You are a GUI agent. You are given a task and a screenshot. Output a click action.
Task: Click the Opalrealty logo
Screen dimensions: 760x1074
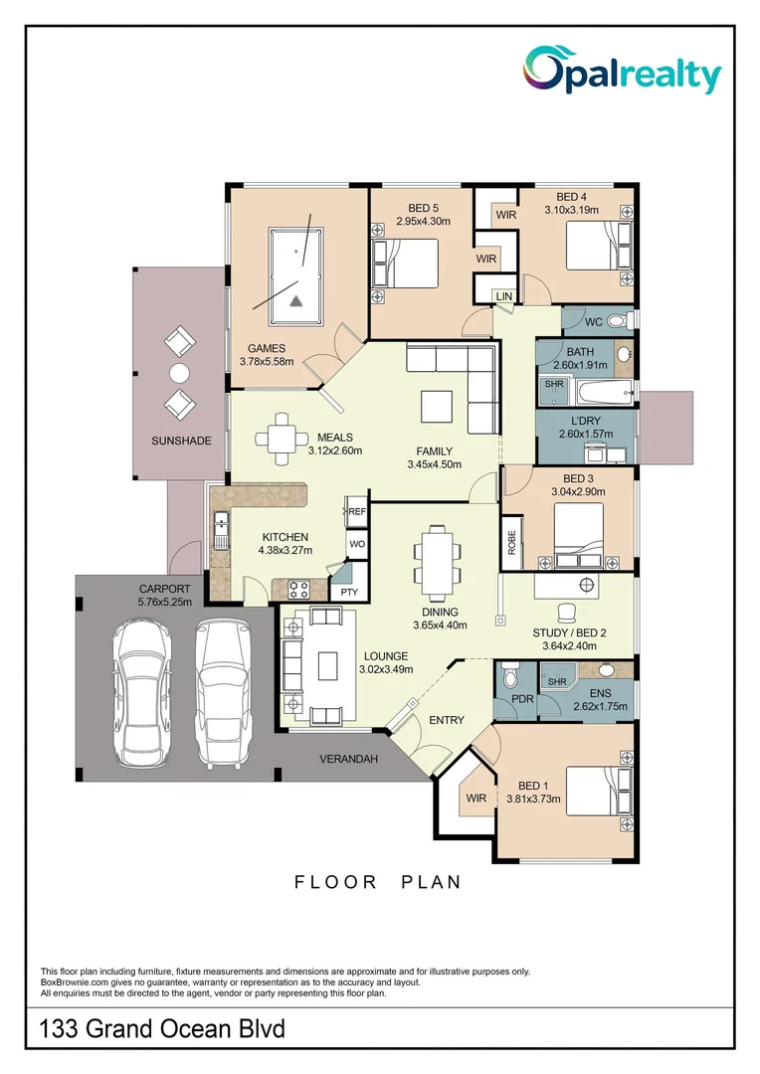pyautogui.click(x=623, y=71)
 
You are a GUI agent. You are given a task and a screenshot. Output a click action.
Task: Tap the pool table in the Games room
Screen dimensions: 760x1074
pyautogui.click(x=295, y=276)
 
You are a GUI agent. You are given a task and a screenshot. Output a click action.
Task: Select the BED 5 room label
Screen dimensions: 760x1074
pyautogui.click(x=423, y=208)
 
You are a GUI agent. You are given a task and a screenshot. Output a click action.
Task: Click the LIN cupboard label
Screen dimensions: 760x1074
pyautogui.click(x=503, y=296)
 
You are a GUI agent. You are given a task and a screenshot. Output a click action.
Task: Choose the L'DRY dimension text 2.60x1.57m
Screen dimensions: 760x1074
pyautogui.click(x=586, y=434)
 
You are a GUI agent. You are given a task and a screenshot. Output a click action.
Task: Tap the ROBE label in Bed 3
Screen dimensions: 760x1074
pyautogui.click(x=511, y=543)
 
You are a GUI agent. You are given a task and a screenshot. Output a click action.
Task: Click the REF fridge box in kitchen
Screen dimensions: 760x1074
pyautogui.click(x=356, y=512)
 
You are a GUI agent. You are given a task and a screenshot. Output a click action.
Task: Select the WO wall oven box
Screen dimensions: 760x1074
pyautogui.click(x=357, y=545)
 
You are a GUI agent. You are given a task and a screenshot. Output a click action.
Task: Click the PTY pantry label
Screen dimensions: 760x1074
pyautogui.click(x=349, y=592)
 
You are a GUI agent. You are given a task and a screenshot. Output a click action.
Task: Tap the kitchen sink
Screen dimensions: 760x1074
pyautogui.click(x=221, y=530)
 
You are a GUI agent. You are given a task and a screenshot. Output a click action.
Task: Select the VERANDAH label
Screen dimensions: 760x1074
pyautogui.click(x=348, y=759)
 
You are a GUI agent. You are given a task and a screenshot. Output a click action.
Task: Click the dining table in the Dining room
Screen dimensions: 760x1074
pyautogui.click(x=436, y=560)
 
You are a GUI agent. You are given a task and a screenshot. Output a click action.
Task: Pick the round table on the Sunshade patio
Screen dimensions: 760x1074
pyautogui.click(x=179, y=373)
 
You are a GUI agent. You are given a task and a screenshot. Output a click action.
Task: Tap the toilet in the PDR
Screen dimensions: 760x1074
pyautogui.click(x=509, y=677)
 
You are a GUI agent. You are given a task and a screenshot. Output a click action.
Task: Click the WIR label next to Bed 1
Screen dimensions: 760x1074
pyautogui.click(x=475, y=798)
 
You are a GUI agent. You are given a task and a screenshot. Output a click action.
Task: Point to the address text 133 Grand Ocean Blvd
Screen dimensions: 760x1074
pyautogui.click(x=162, y=1029)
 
